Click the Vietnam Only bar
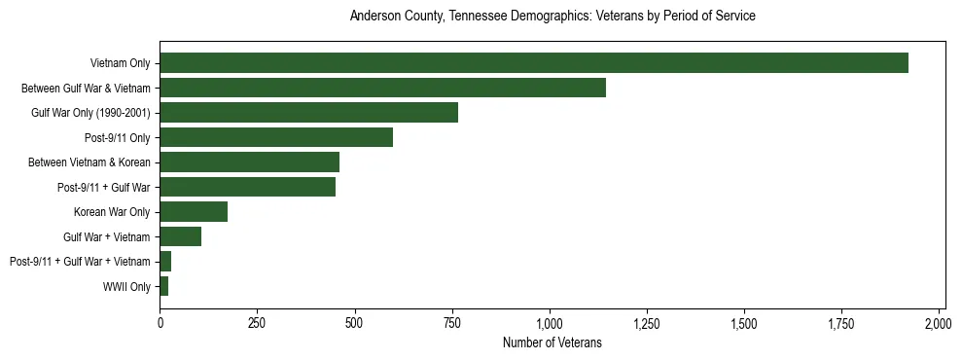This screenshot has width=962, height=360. click(533, 63)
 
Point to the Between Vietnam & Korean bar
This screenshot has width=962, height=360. click(249, 162)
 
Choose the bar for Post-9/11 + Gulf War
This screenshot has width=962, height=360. click(247, 187)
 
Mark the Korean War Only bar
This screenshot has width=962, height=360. click(194, 211)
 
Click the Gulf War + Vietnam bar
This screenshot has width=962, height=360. click(180, 236)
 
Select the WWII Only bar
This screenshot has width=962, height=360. click(164, 286)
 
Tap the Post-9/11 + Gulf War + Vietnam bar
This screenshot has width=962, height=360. click(165, 261)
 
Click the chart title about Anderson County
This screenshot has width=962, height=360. click(552, 17)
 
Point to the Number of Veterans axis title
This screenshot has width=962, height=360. click(552, 342)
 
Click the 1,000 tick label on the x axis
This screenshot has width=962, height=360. click(550, 322)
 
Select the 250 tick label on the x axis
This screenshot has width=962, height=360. click(257, 322)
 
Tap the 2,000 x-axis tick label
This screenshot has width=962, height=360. click(939, 322)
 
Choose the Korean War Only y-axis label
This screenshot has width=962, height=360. click(112, 211)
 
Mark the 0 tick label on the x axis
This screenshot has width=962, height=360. click(160, 322)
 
